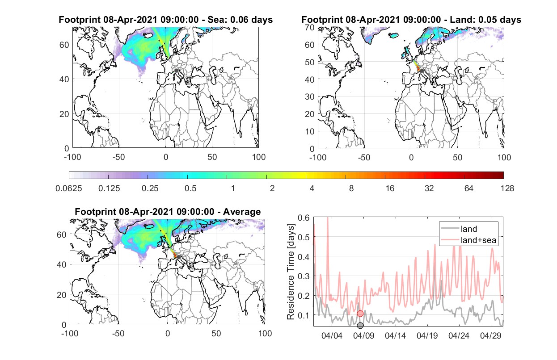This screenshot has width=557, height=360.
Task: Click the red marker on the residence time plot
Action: click(360, 314)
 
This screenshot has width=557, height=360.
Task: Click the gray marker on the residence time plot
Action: click(360, 325)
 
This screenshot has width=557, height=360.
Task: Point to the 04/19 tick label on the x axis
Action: click(427, 335)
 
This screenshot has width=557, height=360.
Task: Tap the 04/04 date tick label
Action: click(332, 335)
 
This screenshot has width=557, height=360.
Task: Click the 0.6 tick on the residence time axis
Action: click(304, 218)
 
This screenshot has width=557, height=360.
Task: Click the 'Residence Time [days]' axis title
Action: click(291, 272)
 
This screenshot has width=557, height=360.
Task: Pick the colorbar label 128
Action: click(507, 188)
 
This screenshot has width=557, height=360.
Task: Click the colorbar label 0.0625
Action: click(69, 188)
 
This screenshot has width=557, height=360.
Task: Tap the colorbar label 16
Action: click(390, 188)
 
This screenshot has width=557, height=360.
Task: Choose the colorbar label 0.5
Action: click(190, 188)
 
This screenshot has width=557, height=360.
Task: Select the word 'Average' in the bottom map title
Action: click(242, 212)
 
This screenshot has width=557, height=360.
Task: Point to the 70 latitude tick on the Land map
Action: click(310, 27)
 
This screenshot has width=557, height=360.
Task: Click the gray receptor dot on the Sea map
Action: click(176, 71)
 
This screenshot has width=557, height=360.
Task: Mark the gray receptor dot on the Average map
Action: click(178, 257)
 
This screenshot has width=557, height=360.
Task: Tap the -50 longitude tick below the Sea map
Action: click(118, 157)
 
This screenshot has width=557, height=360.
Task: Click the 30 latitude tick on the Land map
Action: click(310, 96)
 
